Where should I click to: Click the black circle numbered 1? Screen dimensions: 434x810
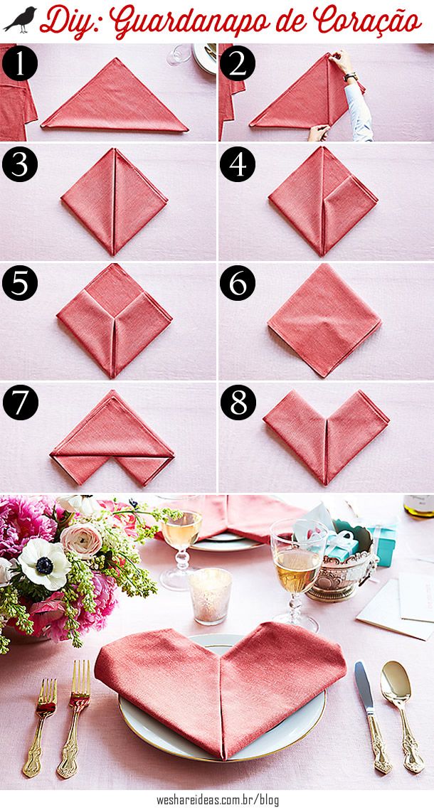tap(20, 63)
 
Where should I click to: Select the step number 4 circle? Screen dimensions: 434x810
tap(238, 164)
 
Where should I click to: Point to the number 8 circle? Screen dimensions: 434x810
tap(238, 401)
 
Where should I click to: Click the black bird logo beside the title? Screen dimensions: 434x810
tap(20, 20)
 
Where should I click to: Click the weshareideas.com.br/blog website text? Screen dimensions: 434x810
tap(218, 800)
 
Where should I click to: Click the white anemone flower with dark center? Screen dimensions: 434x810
tap(44, 564)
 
